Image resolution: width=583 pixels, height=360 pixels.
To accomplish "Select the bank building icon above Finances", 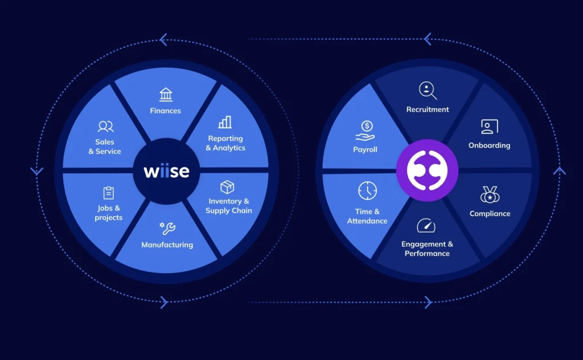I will tap(166, 95).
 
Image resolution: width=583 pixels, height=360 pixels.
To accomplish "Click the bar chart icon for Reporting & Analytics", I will tap(225, 122).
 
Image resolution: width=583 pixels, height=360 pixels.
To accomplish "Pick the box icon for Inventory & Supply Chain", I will tap(228, 187).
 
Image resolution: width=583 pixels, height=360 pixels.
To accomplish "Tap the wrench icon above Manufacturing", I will tap(167, 229).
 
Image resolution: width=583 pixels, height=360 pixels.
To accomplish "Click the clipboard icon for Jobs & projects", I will tap(109, 193).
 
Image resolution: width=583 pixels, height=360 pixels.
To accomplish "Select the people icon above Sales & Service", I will tap(105, 126).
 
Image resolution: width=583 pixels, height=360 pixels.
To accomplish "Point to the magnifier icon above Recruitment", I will tap(428, 91).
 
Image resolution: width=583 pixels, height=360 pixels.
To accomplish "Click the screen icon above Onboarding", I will tap(489, 126).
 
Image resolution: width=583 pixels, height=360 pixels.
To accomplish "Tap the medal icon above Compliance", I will tap(490, 195).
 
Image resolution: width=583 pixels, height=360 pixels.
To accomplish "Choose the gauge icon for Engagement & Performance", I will tap(426, 226).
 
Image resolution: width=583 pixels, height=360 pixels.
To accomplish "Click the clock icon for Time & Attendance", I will tap(367, 191).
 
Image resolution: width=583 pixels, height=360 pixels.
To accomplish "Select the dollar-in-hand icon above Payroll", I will tap(365, 130).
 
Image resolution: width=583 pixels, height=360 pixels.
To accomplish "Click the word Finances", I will tap(166, 111).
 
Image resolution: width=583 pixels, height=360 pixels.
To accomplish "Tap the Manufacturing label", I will tap(167, 245).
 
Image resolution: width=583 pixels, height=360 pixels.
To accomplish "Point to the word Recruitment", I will tap(428, 109).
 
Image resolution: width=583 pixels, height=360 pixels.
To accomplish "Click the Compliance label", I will tap(490, 214).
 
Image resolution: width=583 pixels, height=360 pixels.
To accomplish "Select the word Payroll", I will tap(365, 149).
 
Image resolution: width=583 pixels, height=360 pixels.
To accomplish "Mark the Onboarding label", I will tap(489, 145).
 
